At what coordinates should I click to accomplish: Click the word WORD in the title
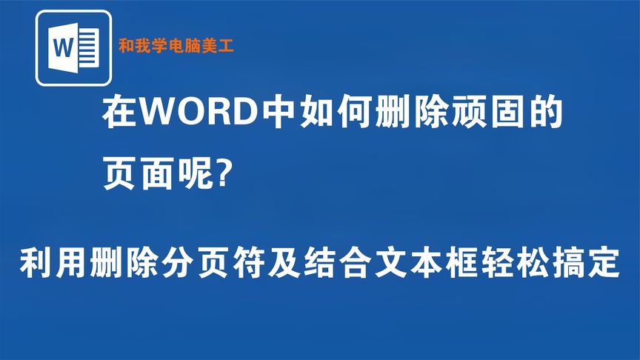pos(195,115)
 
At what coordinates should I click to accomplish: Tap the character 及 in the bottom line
pos(315,264)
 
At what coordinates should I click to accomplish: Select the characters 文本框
pos(446,264)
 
